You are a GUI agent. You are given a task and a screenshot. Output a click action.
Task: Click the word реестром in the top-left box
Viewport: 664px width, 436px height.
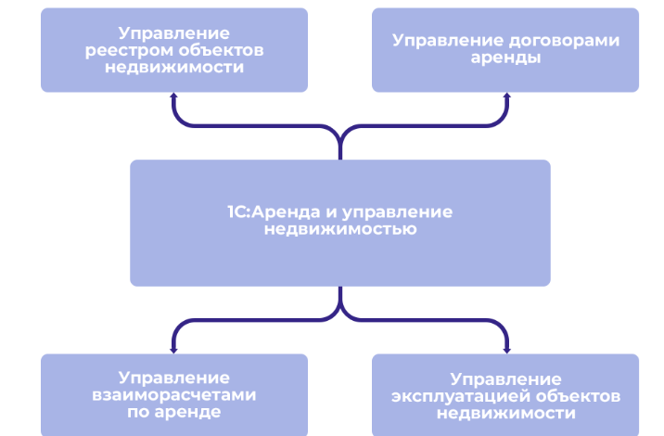pyautogui.click(x=136, y=50)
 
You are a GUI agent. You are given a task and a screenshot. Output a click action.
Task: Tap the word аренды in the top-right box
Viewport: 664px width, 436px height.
pyautogui.click(x=505, y=58)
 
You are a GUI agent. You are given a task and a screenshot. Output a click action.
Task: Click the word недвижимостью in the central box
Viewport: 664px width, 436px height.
pyautogui.click(x=339, y=228)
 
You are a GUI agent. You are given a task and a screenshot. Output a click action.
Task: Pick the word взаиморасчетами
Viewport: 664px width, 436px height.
pyautogui.click(x=173, y=394)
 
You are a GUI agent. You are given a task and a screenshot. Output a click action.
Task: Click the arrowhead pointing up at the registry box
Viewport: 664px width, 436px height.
pyautogui.click(x=173, y=96)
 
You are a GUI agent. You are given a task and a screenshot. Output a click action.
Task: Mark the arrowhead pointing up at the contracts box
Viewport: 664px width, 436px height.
pyautogui.click(x=506, y=96)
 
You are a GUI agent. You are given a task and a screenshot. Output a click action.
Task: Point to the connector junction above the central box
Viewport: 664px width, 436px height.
pyautogui.click(x=340, y=139)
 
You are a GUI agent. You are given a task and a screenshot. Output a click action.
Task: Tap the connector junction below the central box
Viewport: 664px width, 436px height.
pyautogui.click(x=340, y=306)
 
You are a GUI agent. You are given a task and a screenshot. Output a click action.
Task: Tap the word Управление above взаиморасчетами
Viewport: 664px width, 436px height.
pyautogui.click(x=173, y=378)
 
